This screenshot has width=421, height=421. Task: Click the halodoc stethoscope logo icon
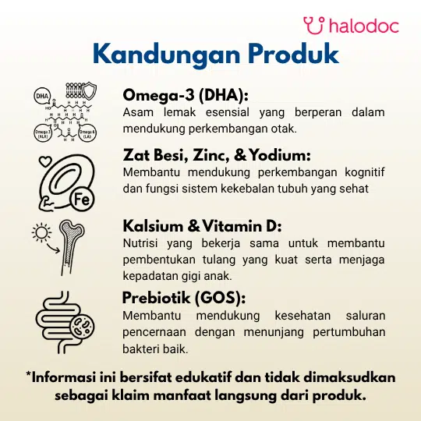tap(314, 26)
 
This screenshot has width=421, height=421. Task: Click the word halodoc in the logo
tap(364, 26)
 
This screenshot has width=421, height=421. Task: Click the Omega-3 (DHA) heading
tap(186, 95)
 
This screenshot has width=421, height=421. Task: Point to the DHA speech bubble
tap(42, 97)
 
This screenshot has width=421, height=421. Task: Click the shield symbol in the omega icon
tap(89, 91)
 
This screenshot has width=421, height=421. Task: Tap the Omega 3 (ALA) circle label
tap(42, 133)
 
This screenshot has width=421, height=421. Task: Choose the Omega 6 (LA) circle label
tap(87, 133)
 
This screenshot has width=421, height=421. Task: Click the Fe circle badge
tap(82, 199)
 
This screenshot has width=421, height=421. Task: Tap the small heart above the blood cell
tap(45, 161)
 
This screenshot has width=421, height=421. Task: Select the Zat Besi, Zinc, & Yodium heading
tap(217, 155)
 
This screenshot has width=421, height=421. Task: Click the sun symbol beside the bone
tap(41, 232)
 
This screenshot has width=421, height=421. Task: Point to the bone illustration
tap(69, 247)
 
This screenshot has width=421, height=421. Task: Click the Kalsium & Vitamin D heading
tap(202, 226)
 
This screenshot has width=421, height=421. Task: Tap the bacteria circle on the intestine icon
tap(82, 326)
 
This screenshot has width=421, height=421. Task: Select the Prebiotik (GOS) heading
tap(184, 298)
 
